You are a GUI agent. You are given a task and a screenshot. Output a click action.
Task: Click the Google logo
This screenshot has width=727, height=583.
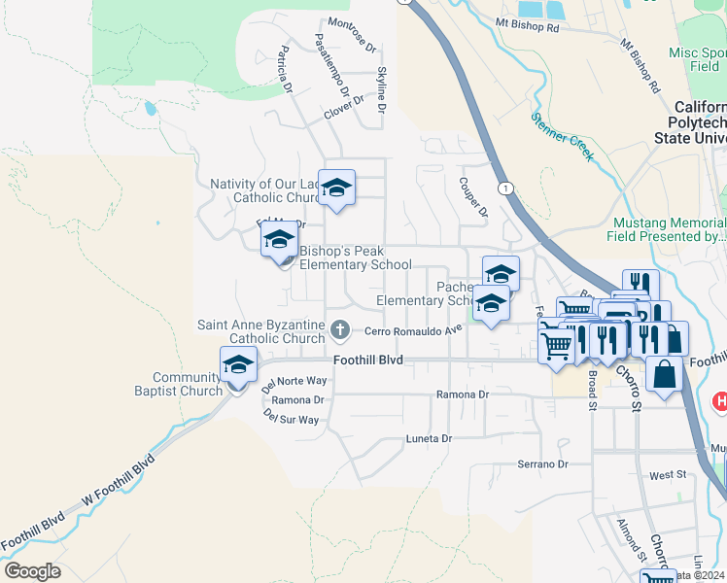tap(32, 571)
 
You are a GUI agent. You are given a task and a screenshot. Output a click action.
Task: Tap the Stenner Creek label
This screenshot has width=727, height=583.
tap(562, 134)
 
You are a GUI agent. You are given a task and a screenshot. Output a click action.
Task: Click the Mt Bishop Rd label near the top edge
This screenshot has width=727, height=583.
tap(528, 27)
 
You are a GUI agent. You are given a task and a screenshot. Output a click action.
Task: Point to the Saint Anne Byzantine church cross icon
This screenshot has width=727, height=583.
tap(339, 328)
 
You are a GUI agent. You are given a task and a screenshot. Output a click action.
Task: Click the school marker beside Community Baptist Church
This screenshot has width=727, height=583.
tap(238, 367)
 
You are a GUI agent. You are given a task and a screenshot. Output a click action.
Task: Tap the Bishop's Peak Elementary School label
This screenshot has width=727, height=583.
tap(355, 257)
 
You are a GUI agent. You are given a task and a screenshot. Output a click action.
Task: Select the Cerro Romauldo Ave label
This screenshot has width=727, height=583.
tap(413, 329)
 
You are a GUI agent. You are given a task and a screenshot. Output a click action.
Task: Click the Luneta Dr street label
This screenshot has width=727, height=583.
tap(429, 439)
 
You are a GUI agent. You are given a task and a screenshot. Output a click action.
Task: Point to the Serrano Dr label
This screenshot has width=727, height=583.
tap(542, 464)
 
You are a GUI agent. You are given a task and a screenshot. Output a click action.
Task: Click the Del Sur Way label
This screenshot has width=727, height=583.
tap(291, 419)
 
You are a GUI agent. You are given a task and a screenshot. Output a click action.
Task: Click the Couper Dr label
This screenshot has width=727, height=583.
tap(472, 197)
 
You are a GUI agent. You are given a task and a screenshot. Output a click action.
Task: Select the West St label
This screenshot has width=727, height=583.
tap(668, 475)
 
